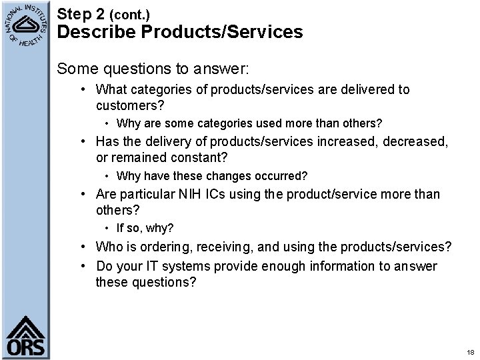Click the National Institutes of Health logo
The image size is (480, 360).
27,27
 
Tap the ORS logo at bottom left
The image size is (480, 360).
25,335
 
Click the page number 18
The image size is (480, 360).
470,351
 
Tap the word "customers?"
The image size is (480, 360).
130,105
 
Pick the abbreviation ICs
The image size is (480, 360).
231,194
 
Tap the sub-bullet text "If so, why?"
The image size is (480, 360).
145,228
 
